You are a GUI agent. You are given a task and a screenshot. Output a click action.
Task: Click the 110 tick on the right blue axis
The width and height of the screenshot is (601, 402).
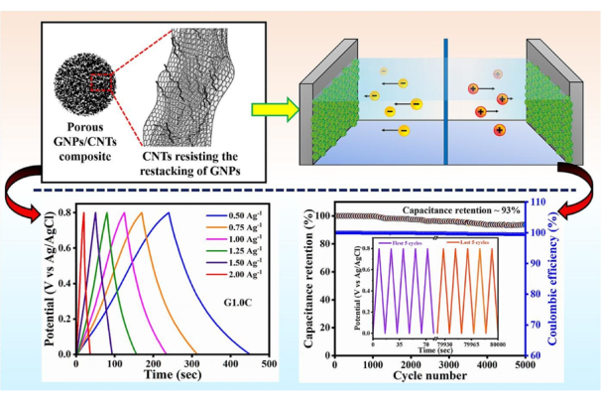(x=562, y=202)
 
